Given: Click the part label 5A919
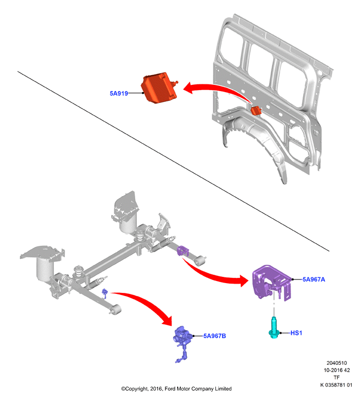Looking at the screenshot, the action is pyautogui.click(x=119, y=93).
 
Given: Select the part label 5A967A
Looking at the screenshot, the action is pyautogui.click(x=313, y=279).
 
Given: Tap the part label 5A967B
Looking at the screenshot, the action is pyautogui.click(x=214, y=336).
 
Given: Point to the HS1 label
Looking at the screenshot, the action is pyautogui.click(x=296, y=333).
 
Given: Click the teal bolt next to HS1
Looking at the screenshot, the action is pyautogui.click(x=274, y=328).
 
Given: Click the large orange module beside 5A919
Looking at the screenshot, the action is pyautogui.click(x=159, y=88).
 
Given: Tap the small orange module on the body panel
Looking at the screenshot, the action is pyautogui.click(x=256, y=111).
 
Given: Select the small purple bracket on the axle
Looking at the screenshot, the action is pyautogui.click(x=183, y=250).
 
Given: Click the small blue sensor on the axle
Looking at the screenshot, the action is pyautogui.click(x=105, y=293).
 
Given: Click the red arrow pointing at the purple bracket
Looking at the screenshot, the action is pyautogui.click(x=217, y=276).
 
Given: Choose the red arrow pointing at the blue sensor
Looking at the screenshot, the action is pyautogui.click(x=148, y=303).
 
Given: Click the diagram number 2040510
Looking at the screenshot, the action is pyautogui.click(x=337, y=363).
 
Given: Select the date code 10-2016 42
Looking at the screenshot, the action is pyautogui.click(x=337, y=370).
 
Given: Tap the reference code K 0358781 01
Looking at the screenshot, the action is pyautogui.click(x=336, y=385).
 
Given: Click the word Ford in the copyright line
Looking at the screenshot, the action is pyautogui.click(x=170, y=389).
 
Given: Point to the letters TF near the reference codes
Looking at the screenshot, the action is pyautogui.click(x=337, y=377).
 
